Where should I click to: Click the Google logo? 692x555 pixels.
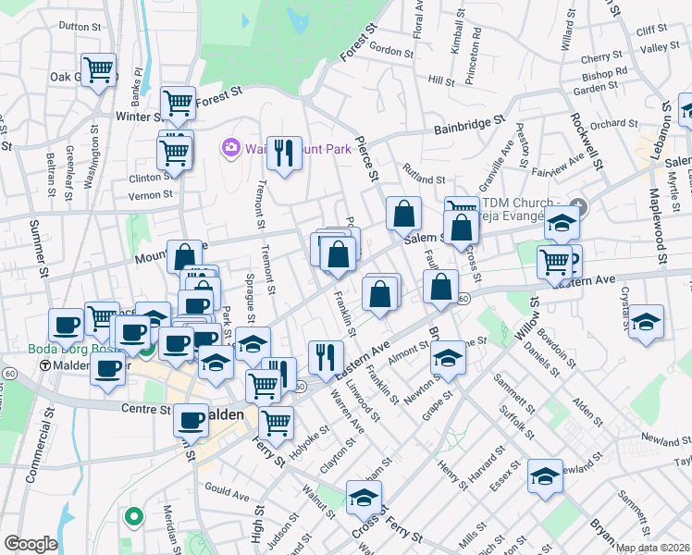pyautogui.click(x=30, y=544)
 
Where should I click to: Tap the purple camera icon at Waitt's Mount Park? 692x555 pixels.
pyautogui.click(x=230, y=147)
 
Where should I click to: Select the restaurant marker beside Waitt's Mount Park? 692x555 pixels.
pyautogui.click(x=284, y=153)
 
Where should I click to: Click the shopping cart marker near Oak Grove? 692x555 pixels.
pyautogui.click(x=99, y=69)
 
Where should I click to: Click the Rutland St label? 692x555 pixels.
pyautogui.click(x=424, y=174)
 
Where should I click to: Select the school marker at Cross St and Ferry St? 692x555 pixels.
pyautogui.click(x=364, y=498)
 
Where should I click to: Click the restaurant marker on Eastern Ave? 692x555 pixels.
pyautogui.click(x=326, y=356)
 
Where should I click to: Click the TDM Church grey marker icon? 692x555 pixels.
pyautogui.click(x=578, y=204)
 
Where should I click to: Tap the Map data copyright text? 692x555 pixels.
pyautogui.click(x=652, y=548)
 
